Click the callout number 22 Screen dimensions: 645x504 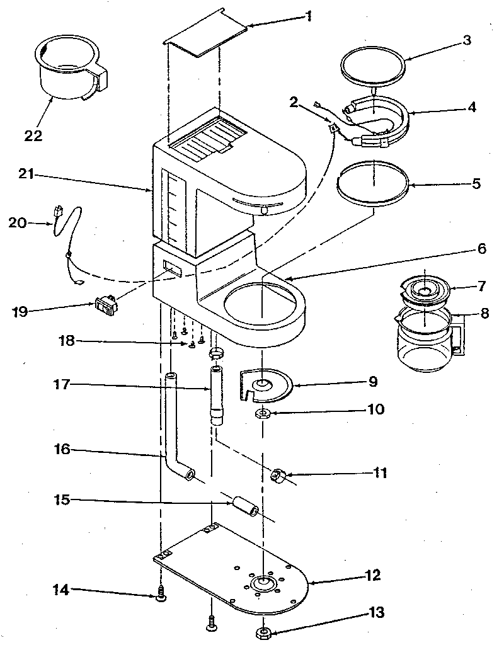33,135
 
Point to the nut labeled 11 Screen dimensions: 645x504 278,476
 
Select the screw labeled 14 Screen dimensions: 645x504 162,593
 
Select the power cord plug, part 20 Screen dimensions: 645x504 60,212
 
